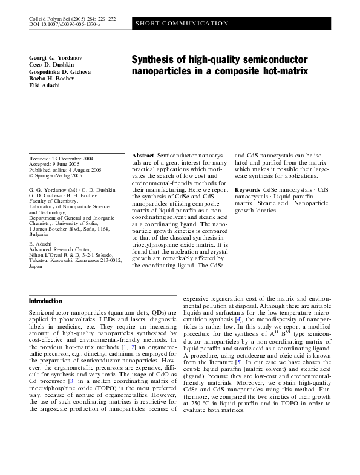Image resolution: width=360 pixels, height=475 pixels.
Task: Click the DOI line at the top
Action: tap(65, 24)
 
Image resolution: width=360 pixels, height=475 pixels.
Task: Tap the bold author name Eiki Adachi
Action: tap(44, 85)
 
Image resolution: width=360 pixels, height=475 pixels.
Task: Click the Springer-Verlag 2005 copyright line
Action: tap(56, 176)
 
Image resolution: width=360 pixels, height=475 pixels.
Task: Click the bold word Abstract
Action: tap(143, 156)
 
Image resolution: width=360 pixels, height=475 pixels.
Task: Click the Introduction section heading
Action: tap(45, 301)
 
